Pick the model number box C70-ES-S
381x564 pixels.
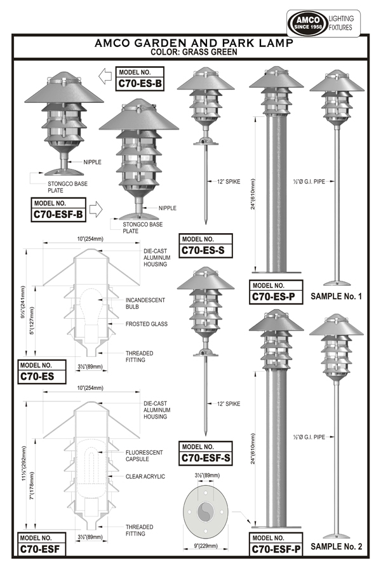pos(206,245)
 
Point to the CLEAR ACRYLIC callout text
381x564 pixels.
pos(145,476)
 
